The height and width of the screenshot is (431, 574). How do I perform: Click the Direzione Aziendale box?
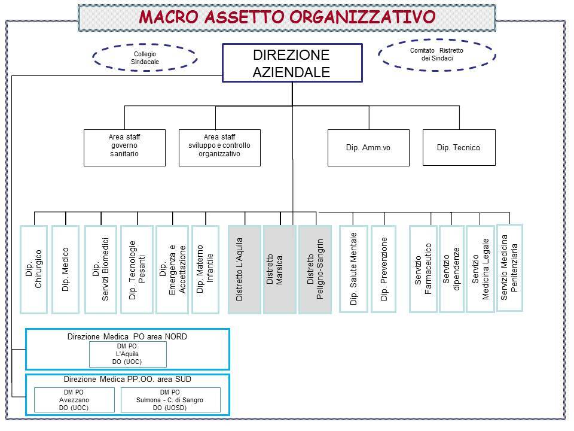292,63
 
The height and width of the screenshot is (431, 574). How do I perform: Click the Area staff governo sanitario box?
124,148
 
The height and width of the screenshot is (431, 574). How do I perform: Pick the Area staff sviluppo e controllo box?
219,148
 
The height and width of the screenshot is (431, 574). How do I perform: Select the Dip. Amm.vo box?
368,148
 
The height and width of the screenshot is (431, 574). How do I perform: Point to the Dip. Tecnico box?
459,148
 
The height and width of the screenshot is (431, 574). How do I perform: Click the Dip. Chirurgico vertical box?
33,269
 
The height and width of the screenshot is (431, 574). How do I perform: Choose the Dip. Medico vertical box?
66,269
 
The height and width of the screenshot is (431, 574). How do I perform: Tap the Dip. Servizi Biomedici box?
100,269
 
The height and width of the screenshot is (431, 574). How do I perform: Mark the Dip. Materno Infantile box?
205,269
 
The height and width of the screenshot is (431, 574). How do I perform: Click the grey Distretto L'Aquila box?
245,269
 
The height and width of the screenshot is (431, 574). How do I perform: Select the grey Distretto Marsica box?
280,269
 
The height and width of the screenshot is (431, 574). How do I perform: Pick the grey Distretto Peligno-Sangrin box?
315,269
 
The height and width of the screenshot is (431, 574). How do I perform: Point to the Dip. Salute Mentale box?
353,269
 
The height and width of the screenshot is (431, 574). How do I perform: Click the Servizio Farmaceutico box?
423,269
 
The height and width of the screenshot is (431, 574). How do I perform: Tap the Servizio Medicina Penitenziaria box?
509,268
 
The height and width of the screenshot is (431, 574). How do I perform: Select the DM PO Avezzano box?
74,400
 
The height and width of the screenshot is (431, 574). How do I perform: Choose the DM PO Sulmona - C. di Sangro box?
170,400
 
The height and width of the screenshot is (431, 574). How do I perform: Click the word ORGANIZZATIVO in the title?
362,17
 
